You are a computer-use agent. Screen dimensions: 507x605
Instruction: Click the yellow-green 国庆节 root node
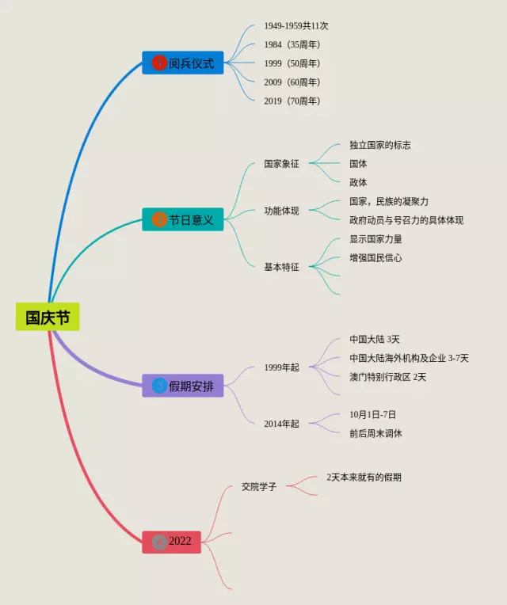pos(48,317)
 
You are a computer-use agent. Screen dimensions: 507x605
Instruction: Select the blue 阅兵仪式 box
pos(183,63)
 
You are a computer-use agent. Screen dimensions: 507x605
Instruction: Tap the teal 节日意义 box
pos(183,219)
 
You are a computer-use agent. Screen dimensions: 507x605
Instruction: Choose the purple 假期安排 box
pos(183,386)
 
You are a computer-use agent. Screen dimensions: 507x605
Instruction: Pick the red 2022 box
pos(172,542)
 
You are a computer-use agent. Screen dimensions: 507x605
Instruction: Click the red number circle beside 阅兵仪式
pos(159,63)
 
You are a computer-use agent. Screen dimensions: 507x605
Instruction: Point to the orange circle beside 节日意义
pos(159,220)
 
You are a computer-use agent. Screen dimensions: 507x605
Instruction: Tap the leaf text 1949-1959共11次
pos(296,26)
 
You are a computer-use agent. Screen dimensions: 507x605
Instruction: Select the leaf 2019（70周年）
pos(292,101)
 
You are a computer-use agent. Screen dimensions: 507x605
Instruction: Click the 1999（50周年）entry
pos(292,63)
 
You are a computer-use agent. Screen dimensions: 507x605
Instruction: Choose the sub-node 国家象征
pos(282,164)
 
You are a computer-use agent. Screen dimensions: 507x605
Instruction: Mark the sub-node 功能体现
pos(282,211)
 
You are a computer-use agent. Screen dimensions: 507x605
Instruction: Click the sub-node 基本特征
pos(282,267)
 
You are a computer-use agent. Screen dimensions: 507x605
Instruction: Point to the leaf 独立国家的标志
pos(380,145)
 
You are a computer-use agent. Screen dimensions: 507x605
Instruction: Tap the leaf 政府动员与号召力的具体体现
pos(406,220)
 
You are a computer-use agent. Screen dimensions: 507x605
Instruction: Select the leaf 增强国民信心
pos(375,257)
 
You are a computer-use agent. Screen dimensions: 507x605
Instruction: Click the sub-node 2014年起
pos(282,424)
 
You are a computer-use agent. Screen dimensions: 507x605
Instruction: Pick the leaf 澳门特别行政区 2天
pos(387,377)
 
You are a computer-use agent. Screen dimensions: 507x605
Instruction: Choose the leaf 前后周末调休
pos(375,433)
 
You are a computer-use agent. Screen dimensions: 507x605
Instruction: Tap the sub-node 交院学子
pos(259,486)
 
